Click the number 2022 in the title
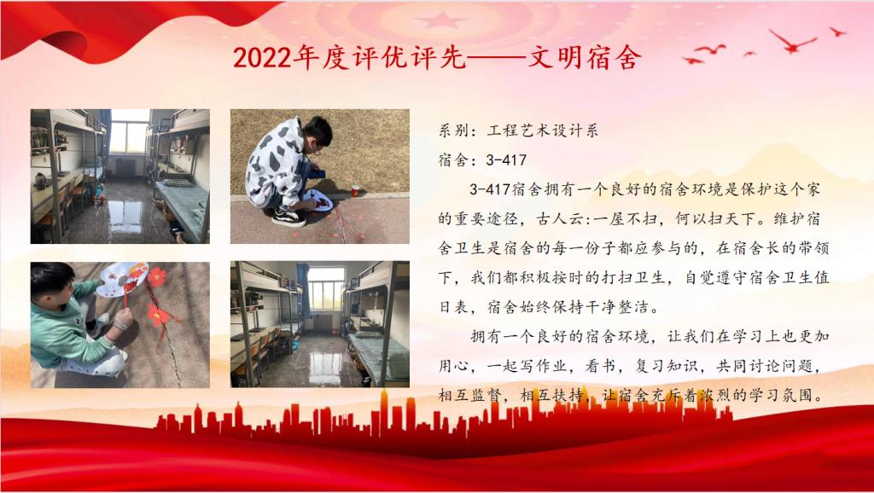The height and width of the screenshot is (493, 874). click(x=262, y=57)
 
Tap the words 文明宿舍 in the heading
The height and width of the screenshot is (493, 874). click(x=584, y=57)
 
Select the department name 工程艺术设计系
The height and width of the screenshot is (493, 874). click(x=543, y=130)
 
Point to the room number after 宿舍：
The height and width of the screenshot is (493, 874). click(x=506, y=160)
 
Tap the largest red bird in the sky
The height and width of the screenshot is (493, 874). click(x=793, y=41)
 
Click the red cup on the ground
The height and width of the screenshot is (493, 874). click(x=355, y=191)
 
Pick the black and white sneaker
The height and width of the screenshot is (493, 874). click(x=288, y=217)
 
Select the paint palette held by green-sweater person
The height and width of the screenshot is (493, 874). click(x=121, y=280)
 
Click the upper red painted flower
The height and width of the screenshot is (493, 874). click(x=157, y=277)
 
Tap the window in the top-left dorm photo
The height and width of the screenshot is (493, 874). click(x=130, y=132)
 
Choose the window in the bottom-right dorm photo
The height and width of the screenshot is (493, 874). click(x=327, y=288)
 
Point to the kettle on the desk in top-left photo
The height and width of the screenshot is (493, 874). click(x=40, y=181)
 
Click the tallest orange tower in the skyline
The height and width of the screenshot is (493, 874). click(x=383, y=413)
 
